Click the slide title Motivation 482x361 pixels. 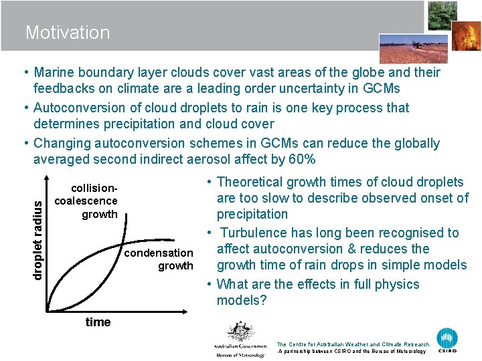(68, 32)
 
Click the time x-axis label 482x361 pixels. (98, 322)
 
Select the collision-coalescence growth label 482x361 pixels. (86, 201)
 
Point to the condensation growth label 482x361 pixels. (159, 259)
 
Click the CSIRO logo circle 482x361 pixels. (447, 338)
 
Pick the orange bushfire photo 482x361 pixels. (466, 39)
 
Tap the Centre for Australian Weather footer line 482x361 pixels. (352, 344)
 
